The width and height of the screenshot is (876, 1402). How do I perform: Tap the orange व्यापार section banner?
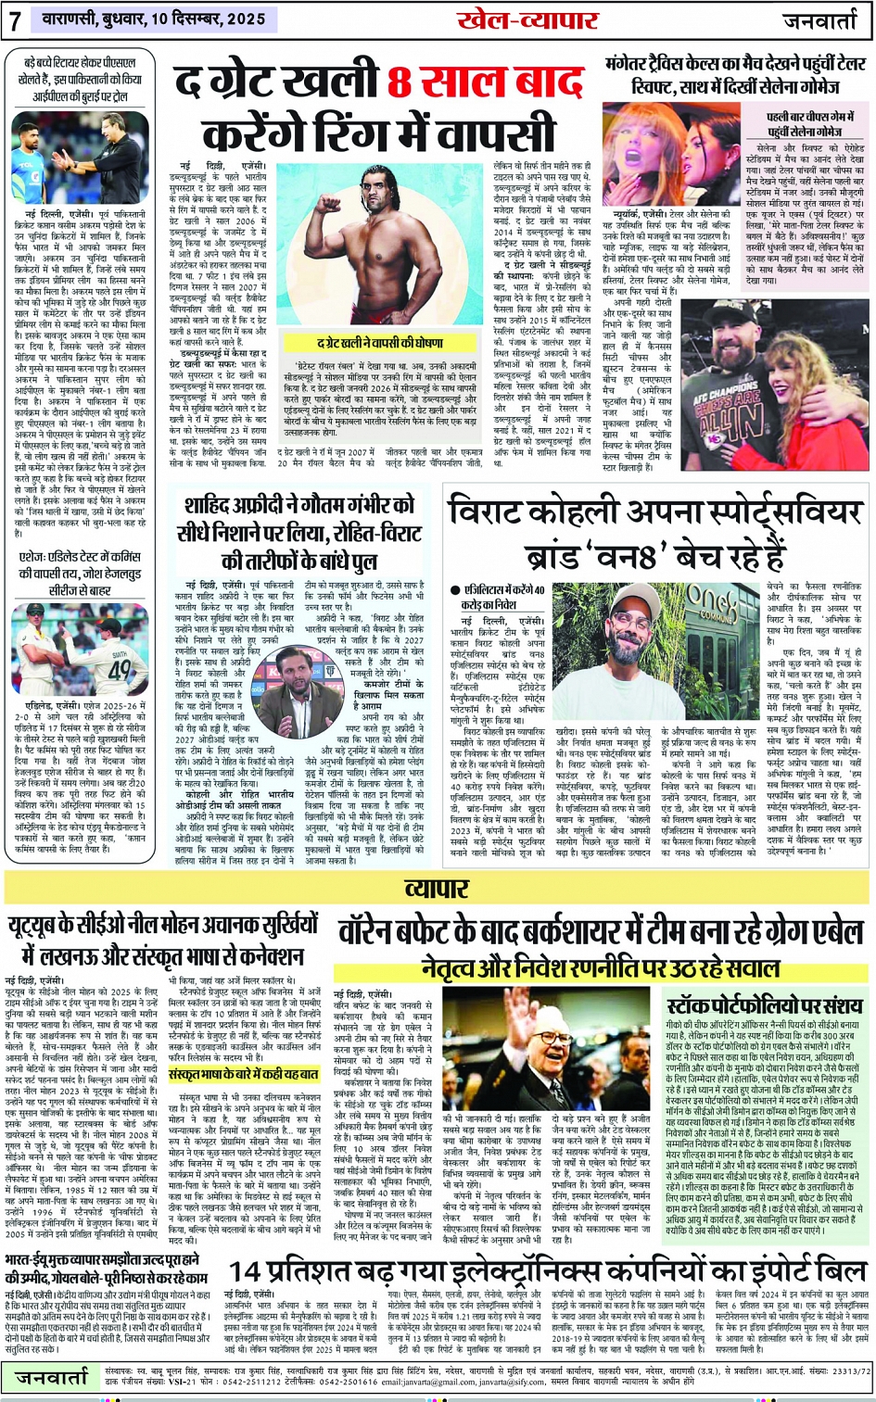pos(437,889)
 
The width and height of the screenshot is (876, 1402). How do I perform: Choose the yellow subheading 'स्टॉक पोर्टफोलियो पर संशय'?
pos(764,1006)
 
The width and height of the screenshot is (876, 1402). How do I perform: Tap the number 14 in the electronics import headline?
pos(247,1270)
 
